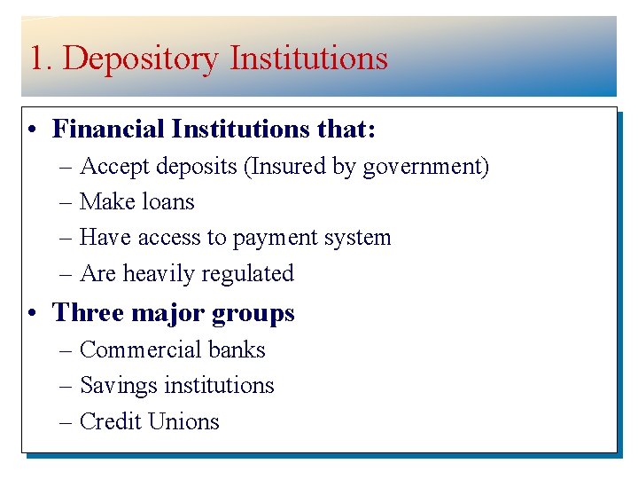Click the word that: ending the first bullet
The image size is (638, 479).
pos(346,130)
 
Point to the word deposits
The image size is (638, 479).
pos(198,167)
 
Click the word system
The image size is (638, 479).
pos(359,239)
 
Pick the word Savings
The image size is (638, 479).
pos(115,386)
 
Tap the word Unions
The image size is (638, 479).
pos(188,421)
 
